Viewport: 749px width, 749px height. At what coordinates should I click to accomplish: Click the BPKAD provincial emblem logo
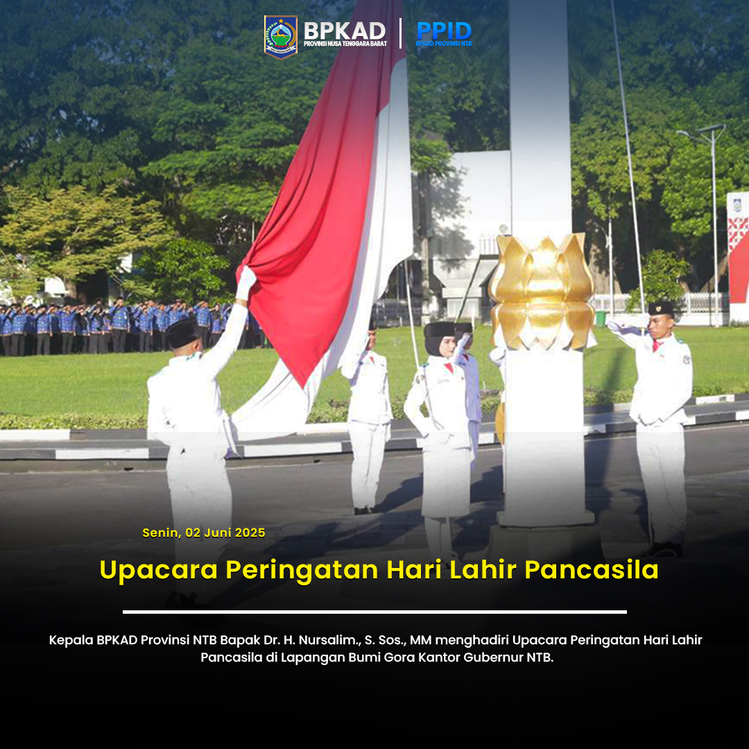281,36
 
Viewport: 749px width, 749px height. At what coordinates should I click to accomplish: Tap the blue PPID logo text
444,31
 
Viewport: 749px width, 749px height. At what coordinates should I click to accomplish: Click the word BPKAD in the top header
345,30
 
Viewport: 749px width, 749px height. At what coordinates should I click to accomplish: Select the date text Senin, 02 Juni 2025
204,533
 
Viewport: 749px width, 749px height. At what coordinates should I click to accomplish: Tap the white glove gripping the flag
246,283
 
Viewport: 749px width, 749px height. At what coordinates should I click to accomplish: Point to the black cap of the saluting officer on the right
661,309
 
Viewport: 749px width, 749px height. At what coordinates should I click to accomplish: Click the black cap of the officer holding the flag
182,334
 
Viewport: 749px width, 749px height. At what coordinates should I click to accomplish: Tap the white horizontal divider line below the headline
374,612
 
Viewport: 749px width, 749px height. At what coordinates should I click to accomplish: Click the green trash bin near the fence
601,319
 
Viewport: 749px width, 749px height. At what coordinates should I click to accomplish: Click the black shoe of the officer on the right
666,550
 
